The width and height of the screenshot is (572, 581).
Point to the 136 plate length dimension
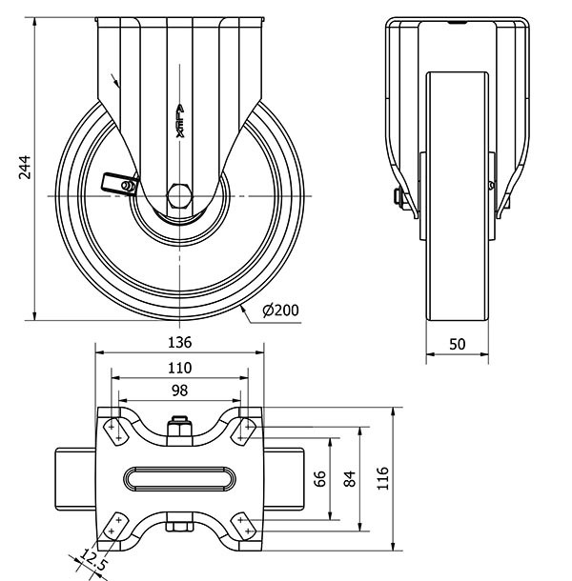pyautogui.click(x=180, y=342)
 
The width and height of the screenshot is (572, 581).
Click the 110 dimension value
pyautogui.click(x=180, y=367)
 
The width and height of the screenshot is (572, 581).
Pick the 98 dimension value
pyautogui.click(x=180, y=391)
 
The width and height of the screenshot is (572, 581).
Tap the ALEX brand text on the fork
pyautogui.click(x=180, y=122)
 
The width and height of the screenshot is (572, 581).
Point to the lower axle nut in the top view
pyautogui.click(x=180, y=526)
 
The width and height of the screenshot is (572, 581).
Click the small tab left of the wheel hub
pyautogui.click(x=117, y=182)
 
